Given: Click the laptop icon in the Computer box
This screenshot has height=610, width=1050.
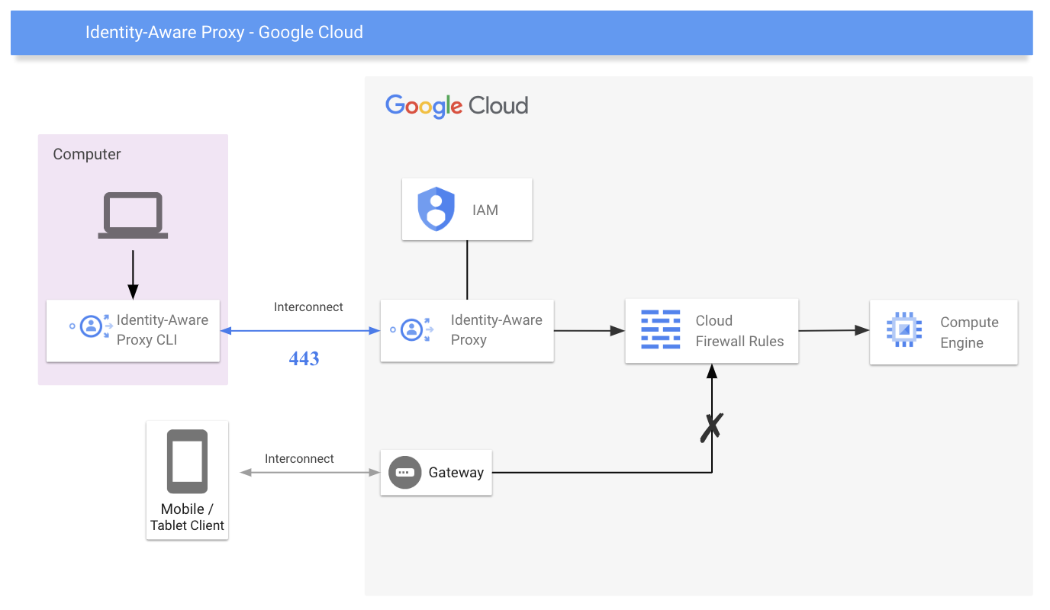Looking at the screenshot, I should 133,215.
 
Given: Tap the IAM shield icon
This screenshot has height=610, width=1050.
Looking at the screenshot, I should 436,210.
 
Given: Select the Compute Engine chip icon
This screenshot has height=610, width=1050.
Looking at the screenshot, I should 904,329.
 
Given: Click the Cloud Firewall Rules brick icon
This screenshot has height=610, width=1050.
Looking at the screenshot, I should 660,329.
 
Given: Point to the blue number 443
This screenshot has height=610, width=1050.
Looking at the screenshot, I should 304,358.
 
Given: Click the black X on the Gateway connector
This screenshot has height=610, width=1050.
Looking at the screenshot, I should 711,427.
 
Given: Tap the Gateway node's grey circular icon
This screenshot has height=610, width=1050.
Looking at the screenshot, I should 404,473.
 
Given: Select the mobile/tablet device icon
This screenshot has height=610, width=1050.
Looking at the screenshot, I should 187,461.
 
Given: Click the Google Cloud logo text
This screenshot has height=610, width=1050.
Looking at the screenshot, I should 456,105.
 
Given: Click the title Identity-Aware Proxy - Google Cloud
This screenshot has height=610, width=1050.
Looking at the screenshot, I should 224,32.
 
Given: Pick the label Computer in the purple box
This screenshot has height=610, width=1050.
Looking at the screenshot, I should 87,154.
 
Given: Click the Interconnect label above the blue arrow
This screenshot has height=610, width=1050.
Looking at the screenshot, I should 308,307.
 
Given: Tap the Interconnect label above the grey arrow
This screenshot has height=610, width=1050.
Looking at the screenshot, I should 299,458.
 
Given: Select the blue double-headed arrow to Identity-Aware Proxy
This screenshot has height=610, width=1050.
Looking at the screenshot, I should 300,331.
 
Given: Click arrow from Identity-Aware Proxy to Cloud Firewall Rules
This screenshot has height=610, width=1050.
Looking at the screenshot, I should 588,331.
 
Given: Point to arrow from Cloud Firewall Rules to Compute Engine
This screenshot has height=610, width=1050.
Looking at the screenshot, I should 833,330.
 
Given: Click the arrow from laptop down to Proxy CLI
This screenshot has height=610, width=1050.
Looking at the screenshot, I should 133,274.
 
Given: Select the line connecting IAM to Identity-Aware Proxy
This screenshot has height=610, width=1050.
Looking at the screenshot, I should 467,270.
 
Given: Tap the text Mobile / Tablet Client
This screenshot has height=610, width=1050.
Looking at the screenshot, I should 187,517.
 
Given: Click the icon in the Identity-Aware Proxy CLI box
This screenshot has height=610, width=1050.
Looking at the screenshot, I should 92,326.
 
